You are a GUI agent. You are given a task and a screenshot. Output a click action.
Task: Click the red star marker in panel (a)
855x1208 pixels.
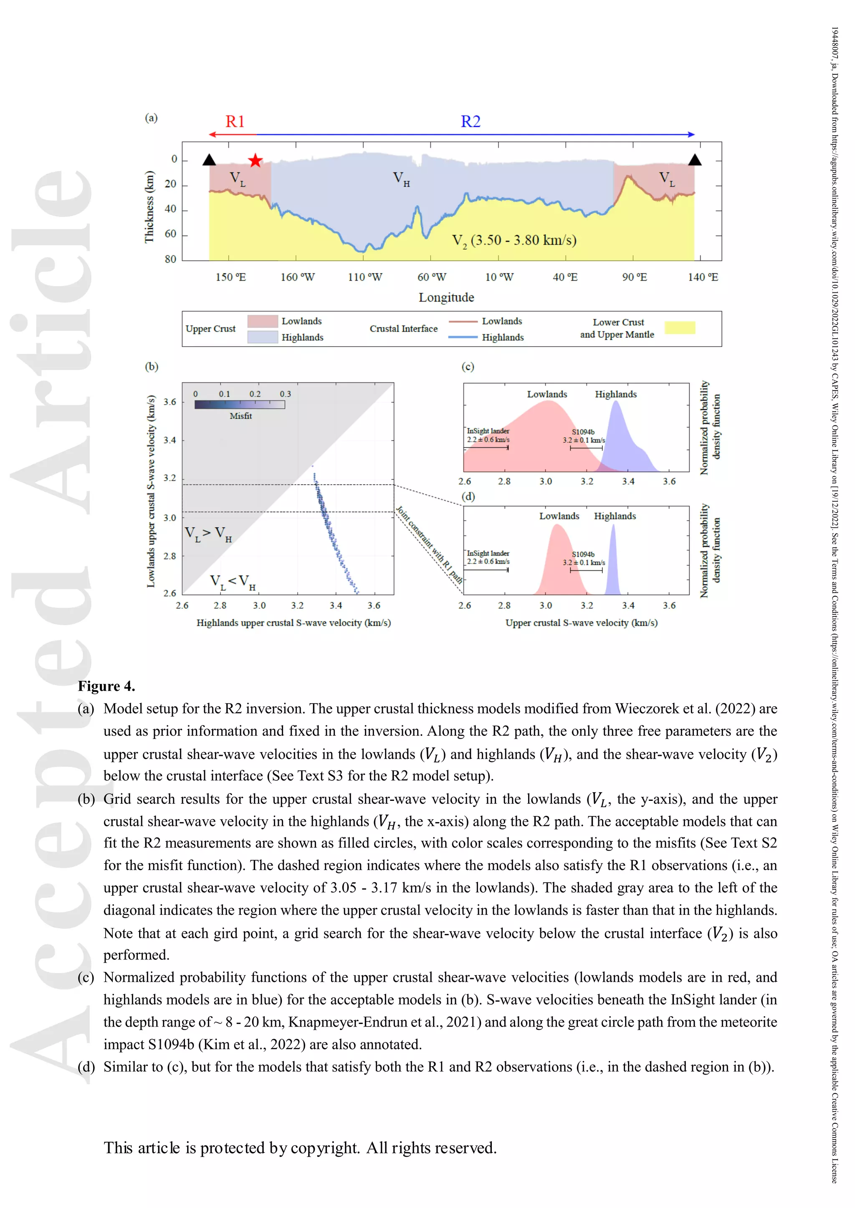coord(255,161)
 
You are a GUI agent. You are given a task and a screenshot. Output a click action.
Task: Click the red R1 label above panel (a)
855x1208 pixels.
coord(235,121)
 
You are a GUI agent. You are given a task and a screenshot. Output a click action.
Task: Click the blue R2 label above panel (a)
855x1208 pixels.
coord(471,121)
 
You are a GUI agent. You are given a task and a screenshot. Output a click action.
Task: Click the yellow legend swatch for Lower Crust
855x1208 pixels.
coord(679,328)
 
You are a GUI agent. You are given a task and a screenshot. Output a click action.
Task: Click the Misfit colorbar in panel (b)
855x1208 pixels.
coord(240,405)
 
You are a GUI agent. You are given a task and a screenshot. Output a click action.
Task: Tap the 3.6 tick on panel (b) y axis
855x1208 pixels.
coord(169,402)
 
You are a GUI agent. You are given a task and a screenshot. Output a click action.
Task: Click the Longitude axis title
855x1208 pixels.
coord(446,297)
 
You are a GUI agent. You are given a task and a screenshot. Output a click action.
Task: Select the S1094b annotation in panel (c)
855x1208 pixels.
coord(583,432)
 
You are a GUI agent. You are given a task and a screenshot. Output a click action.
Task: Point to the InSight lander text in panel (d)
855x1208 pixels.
coord(488,554)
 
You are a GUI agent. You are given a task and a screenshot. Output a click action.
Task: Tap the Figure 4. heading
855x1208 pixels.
coord(106,686)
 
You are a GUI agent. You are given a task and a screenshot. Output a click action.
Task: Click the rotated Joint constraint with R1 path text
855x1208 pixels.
coord(429,544)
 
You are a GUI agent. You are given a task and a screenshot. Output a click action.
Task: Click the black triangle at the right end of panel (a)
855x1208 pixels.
coord(694,160)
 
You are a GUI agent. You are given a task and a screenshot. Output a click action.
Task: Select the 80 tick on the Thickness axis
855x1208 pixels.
coord(170,259)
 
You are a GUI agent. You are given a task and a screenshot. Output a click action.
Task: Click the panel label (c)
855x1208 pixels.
coord(468,367)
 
